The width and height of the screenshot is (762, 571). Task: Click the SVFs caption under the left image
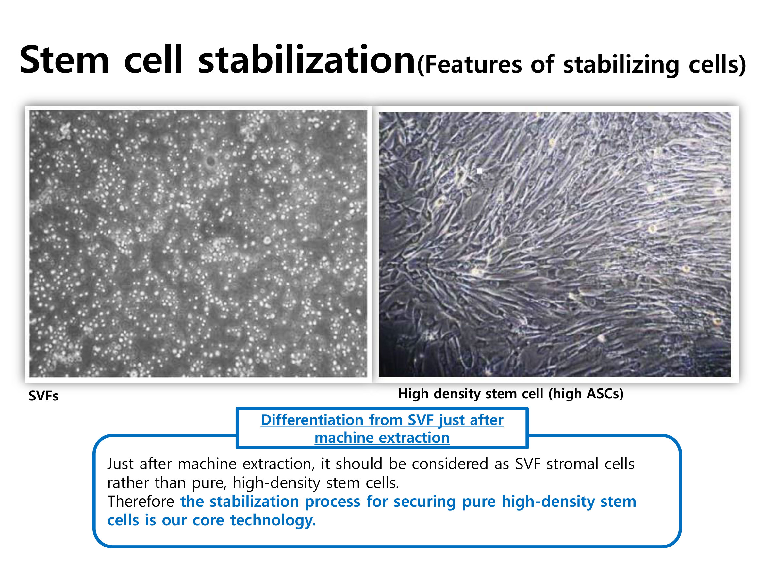coord(43,396)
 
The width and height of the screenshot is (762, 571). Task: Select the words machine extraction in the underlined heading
coord(382,438)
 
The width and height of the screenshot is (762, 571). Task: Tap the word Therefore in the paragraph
coord(141,501)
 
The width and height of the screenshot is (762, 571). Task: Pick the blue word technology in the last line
coord(273,520)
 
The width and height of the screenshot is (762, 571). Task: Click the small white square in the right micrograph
coord(480,171)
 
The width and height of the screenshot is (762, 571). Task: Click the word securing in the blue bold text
coord(424,502)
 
